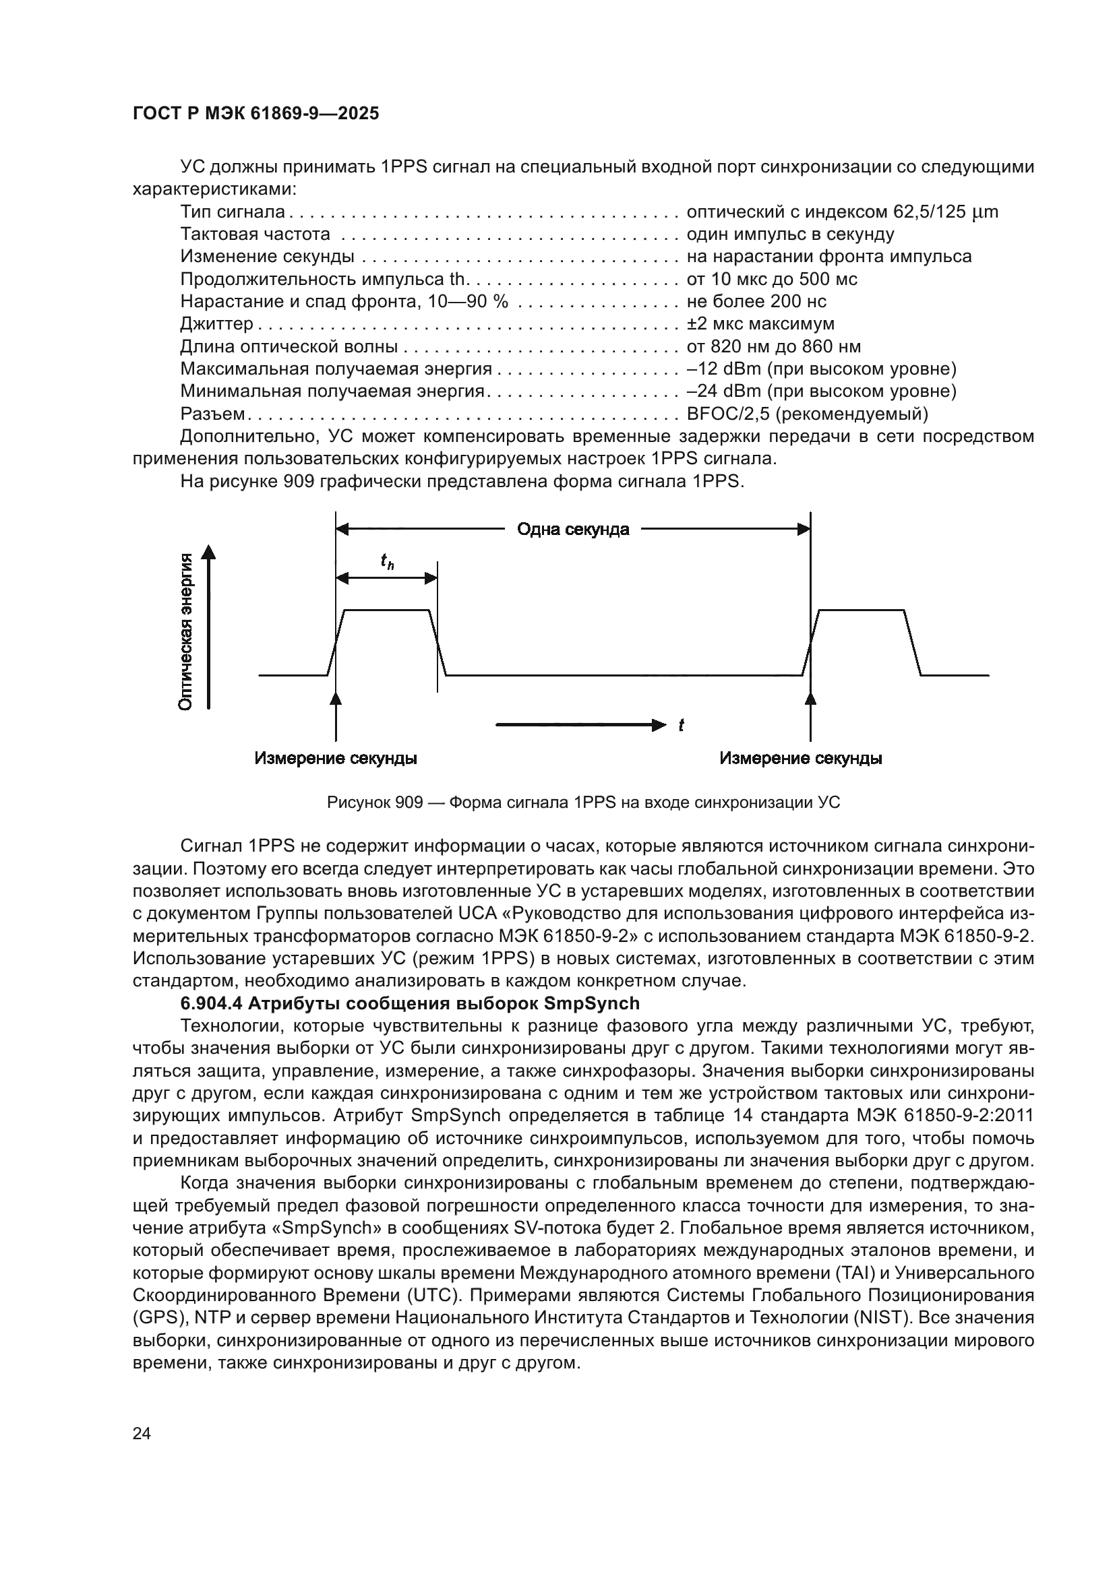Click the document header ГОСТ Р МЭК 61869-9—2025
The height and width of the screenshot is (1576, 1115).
[x=255, y=114]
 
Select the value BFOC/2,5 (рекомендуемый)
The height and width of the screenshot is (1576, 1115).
[x=807, y=414]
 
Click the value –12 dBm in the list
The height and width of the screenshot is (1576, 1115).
[x=723, y=369]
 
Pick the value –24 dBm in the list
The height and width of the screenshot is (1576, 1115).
[x=723, y=391]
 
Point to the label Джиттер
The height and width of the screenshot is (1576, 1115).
[x=216, y=323]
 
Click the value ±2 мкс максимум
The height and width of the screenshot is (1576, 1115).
[x=760, y=323]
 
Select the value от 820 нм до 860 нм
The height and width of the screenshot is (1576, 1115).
[x=773, y=346]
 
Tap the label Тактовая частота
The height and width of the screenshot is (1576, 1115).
[x=255, y=234]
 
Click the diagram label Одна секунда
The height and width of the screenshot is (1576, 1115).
[x=572, y=529]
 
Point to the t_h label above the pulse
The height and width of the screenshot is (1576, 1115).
[x=387, y=561]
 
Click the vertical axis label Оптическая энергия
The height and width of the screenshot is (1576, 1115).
[x=185, y=631]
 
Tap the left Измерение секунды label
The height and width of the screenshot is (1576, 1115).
[x=336, y=759]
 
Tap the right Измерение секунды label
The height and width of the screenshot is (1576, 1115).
[x=801, y=759]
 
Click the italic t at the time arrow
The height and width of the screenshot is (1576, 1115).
[x=680, y=725]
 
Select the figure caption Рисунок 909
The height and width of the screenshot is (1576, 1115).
[x=584, y=802]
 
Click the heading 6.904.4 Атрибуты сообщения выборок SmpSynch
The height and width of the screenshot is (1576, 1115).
[x=409, y=1003]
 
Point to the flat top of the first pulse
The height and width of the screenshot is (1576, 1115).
[x=386, y=610]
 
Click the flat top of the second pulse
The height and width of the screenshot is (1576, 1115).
[x=862, y=610]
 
